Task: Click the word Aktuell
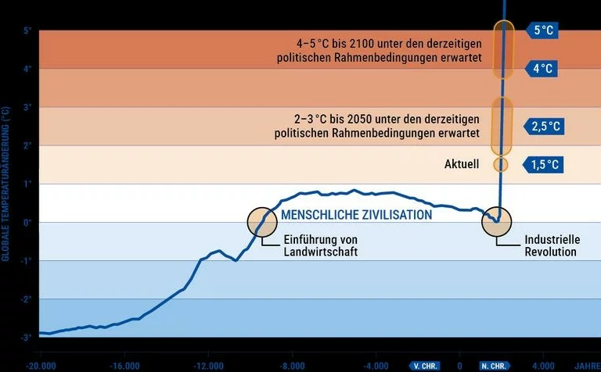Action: tap(461, 165)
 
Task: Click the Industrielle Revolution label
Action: tap(550, 245)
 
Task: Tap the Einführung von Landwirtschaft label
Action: tap(320, 245)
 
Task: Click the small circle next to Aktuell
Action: tap(500, 165)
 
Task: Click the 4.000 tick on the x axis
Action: tap(543, 365)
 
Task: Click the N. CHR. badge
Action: tap(495, 365)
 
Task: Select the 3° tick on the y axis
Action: tap(27, 107)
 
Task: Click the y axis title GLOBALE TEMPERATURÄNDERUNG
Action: tap(6, 184)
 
